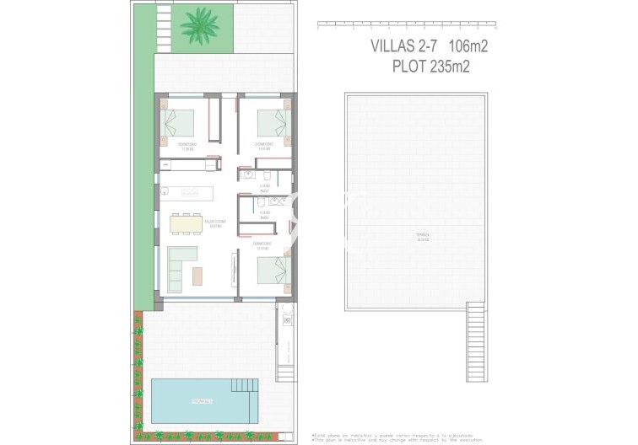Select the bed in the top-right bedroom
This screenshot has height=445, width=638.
pos(272,123)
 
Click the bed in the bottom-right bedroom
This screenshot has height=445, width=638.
pos(272,272)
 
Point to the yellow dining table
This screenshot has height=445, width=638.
pos(186,223)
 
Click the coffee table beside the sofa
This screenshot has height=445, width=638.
pos(198,276)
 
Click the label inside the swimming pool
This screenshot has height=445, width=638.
pos(200,400)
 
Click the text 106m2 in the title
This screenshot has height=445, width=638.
pos(462,46)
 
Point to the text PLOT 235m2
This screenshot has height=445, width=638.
pos(430,67)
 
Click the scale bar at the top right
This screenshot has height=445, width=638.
pos(401,25)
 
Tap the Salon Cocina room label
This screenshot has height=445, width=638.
pos(213,224)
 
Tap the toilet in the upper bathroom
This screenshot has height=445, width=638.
pos(268,175)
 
